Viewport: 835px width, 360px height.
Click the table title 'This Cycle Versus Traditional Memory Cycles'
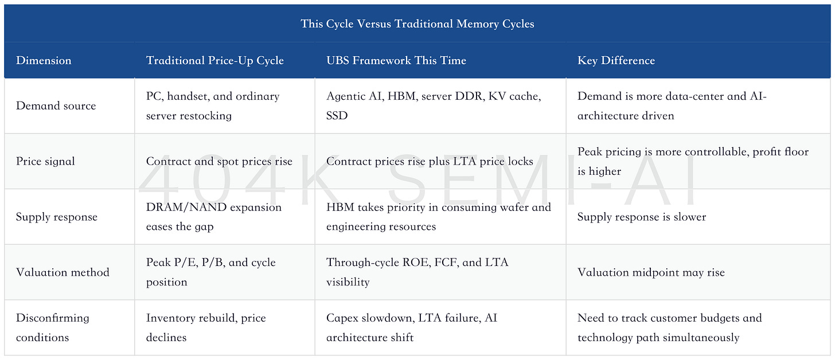(417, 24)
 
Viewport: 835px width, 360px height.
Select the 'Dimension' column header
(44, 60)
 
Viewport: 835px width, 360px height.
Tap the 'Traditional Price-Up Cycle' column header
(214, 60)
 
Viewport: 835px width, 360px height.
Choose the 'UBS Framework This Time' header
(396, 60)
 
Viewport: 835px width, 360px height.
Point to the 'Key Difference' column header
(616, 60)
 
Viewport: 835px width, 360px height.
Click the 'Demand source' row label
(56, 106)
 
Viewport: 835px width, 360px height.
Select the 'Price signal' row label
(45, 161)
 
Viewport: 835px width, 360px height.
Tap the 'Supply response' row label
(57, 217)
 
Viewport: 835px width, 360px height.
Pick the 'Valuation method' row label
(63, 272)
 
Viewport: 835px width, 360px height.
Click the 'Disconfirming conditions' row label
(53, 327)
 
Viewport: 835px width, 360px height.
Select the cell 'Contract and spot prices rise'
(219, 161)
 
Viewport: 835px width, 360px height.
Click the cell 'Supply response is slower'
(642, 217)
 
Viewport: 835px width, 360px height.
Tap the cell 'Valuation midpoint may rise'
(651, 272)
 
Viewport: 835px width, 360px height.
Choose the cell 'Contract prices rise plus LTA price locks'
(430, 161)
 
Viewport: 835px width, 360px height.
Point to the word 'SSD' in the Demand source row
(337, 116)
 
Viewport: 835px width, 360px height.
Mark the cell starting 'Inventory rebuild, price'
(206, 327)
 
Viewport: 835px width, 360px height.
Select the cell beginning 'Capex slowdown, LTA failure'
(412, 327)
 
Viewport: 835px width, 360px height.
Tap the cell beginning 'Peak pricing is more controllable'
(693, 161)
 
